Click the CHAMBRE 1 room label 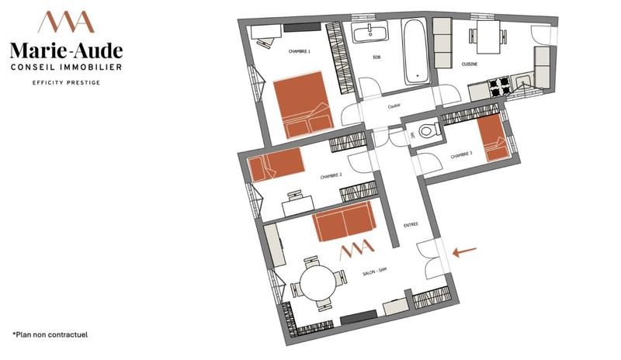coord(300,52)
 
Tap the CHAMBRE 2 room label coord(331,176)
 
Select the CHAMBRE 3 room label coord(461,155)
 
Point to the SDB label coord(376,58)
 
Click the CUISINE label coord(470,64)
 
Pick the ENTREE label coord(411,225)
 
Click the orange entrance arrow coord(465,251)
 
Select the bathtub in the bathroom coord(416,52)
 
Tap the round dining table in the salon coord(318,280)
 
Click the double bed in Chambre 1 coord(303,105)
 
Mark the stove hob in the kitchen coord(498,85)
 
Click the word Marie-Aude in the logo coord(66,50)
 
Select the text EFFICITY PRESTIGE coord(66,82)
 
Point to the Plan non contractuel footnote coord(50,334)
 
